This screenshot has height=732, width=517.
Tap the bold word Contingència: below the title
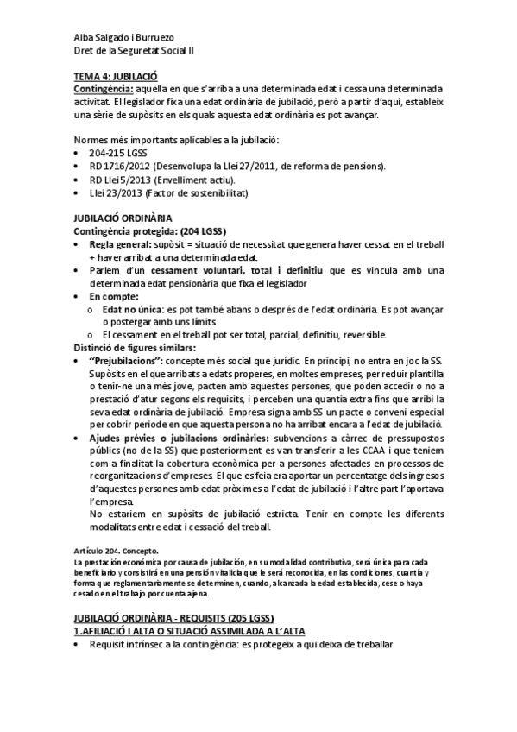pyautogui.click(x=104, y=88)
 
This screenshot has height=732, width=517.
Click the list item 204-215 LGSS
pyautogui.click(x=117, y=153)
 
